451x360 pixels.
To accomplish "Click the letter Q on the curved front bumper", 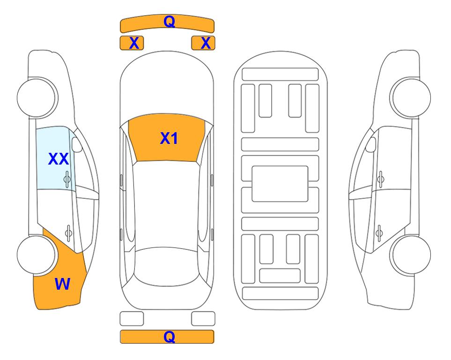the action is [x=169, y=21].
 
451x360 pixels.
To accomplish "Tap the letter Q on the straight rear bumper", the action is [x=169, y=337].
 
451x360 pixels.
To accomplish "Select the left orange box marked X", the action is [x=132, y=43].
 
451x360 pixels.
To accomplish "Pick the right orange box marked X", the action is [x=203, y=43].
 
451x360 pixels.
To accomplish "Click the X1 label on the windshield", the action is [x=169, y=138].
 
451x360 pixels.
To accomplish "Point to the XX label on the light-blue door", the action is [x=59, y=159].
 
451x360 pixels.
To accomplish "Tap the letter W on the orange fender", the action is [x=62, y=284].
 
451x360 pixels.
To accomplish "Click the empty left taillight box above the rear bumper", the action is [x=132, y=319].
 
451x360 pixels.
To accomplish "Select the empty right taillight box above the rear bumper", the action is [x=203, y=319].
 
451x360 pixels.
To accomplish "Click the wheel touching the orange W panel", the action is [x=36, y=255].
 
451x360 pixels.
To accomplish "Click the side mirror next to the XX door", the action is [x=77, y=144].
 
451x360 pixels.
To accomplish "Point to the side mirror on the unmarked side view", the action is [x=370, y=144].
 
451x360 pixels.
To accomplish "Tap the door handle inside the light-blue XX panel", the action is [x=67, y=179].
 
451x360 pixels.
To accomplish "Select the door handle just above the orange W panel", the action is [x=68, y=232].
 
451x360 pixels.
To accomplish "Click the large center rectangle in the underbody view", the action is [x=280, y=184].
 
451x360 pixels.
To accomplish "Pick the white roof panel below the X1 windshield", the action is [x=166, y=204].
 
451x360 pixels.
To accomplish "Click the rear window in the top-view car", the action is [x=166, y=266].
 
